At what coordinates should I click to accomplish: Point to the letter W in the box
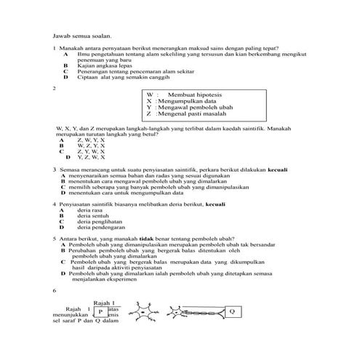150,96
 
